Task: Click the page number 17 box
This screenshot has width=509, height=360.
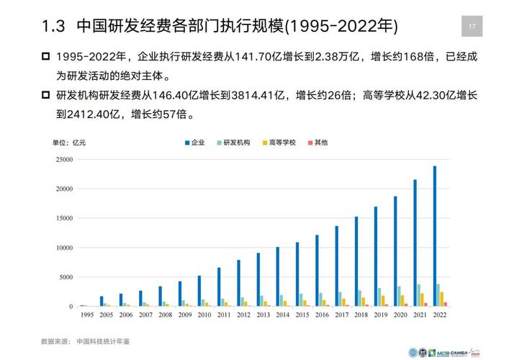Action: pos(472,27)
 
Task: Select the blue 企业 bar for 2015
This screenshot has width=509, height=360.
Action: pos(297,274)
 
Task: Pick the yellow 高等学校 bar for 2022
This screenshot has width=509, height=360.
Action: pos(442,299)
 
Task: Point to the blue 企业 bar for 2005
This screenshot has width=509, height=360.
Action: pos(102,301)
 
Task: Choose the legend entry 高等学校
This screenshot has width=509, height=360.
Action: pos(281,143)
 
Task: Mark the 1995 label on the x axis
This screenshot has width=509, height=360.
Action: pos(86,315)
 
